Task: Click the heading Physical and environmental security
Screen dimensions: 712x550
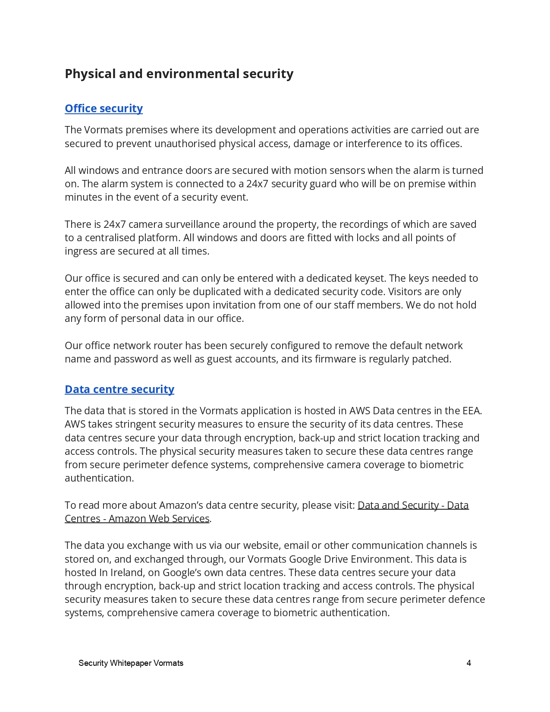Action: (179, 74)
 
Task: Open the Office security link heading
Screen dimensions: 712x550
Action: (104, 108)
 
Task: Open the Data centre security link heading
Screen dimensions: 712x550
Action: (119, 389)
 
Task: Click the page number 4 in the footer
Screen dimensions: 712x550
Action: (468, 663)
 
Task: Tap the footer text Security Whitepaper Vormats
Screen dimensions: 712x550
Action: (131, 663)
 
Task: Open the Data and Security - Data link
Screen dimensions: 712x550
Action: (413, 505)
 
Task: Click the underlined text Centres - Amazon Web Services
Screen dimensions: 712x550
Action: (137, 519)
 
